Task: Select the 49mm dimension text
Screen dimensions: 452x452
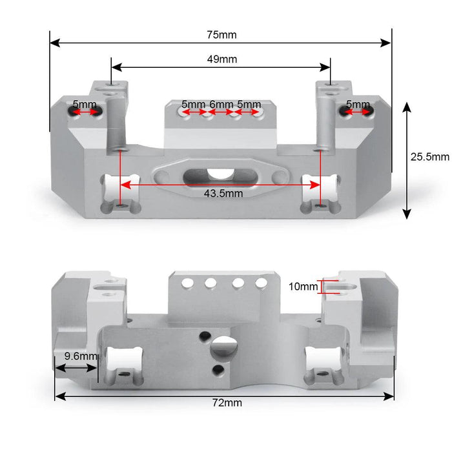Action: [222, 59]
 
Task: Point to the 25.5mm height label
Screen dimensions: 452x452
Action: [429, 156]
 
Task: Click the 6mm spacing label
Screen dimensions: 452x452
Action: [221, 104]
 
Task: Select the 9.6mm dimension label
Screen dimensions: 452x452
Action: [80, 356]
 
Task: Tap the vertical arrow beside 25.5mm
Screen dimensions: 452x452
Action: [407, 161]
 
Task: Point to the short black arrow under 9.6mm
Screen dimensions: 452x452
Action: [76, 368]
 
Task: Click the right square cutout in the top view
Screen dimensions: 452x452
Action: [320, 190]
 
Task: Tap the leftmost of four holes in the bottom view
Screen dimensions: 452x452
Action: [187, 282]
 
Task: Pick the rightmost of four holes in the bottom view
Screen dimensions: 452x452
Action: [261, 282]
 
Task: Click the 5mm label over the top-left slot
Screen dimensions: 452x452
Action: [85, 104]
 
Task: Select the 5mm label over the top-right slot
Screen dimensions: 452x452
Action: [358, 104]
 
